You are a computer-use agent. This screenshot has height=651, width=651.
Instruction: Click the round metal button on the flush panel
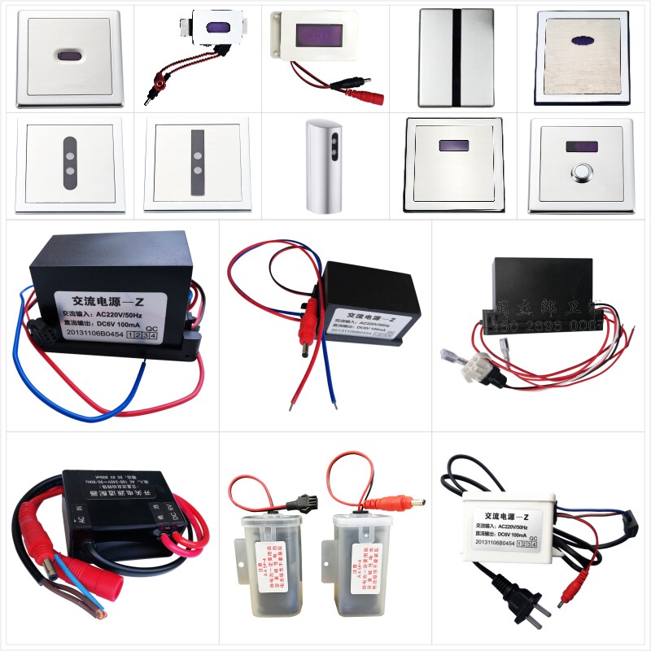tap(581, 173)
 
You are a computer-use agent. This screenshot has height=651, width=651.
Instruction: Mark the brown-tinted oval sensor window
tap(68, 57)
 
